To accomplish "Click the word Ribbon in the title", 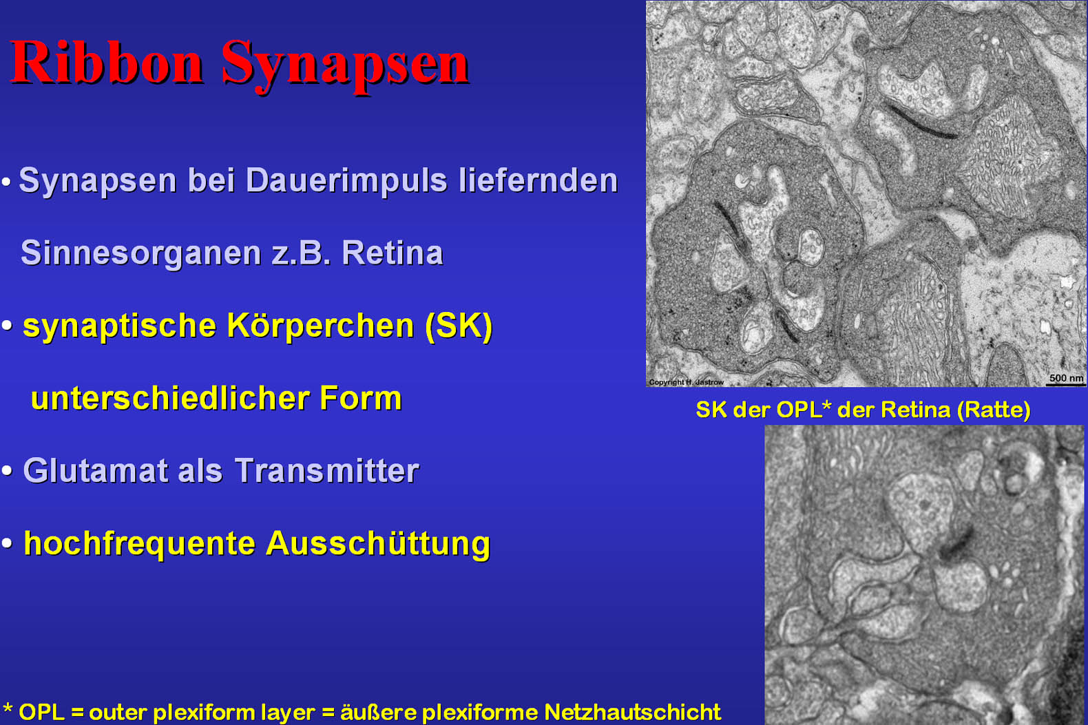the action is click(106, 63).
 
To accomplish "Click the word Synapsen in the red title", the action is click(346, 65).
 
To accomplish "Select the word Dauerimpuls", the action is click(346, 181).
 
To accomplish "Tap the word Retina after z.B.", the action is click(393, 253).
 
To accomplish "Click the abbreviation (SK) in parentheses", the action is click(459, 326).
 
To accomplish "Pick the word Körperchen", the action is click(321, 326).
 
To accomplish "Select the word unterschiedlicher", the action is click(170, 398).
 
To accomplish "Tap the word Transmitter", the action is click(327, 470).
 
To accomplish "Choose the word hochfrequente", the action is click(139, 544).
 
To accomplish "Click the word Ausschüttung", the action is click(378, 544).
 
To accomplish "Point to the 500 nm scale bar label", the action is click(1066, 378).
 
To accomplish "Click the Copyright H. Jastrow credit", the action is click(687, 382).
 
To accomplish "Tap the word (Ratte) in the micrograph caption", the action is click(994, 410).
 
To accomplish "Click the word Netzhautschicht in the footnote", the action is click(632, 713).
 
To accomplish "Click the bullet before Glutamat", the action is click(7, 470).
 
